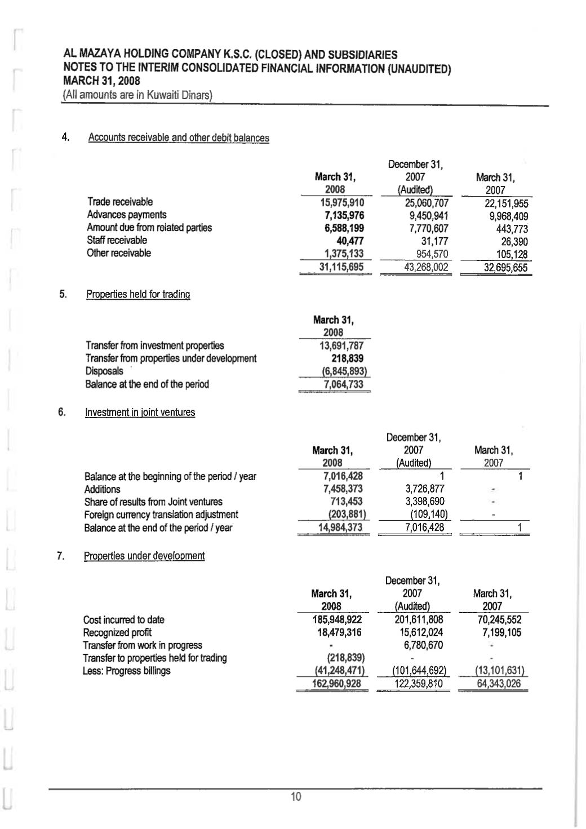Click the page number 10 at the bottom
point(296,796)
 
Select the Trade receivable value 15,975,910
point(341,202)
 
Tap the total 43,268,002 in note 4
point(415,267)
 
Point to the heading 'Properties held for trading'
point(137,294)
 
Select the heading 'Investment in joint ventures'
point(140,412)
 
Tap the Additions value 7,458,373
point(340,489)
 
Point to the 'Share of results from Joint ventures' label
point(153,502)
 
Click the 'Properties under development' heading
point(144,556)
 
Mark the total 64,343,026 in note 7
point(494,684)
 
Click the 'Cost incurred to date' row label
point(123,620)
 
